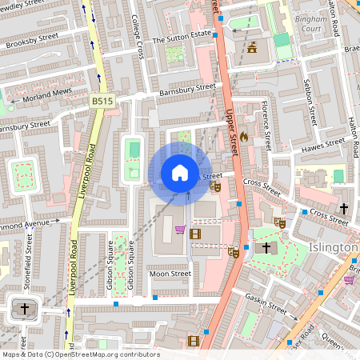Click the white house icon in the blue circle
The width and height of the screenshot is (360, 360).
pos(180,173)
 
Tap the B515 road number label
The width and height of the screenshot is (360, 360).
pos(102,101)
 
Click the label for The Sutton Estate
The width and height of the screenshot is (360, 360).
pos(181,37)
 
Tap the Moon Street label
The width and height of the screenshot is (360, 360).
pos(170,274)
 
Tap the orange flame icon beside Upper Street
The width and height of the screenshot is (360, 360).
pos(244,137)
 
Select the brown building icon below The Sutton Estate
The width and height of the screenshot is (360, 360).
pos(254,47)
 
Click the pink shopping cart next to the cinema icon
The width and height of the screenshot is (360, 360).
pos(181,231)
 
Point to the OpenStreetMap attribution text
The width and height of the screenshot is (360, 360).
pos(80,354)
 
